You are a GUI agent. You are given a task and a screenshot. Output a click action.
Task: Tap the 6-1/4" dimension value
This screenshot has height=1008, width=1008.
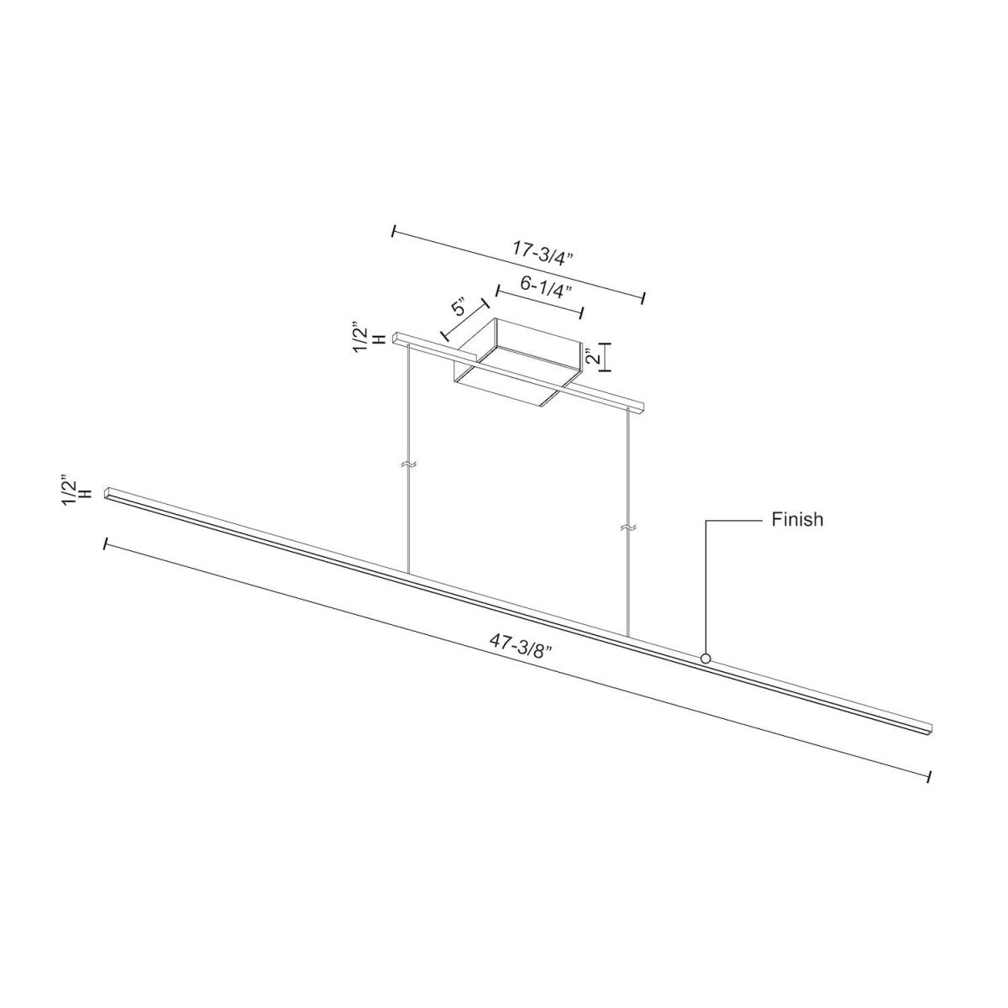coord(546,286)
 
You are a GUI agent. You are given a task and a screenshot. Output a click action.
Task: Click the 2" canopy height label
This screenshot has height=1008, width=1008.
coord(594,357)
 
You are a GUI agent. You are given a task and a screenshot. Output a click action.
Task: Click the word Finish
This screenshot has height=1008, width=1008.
coord(797,520)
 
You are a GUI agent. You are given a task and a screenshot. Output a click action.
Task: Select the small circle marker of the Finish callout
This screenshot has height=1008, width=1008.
coord(706,659)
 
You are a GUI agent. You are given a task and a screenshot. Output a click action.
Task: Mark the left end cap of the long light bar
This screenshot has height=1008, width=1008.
coord(108,492)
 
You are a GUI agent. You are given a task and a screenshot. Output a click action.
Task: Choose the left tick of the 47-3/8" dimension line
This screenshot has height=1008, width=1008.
coord(104,544)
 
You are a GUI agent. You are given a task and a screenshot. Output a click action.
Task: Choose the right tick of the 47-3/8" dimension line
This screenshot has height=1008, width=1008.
coord(927,777)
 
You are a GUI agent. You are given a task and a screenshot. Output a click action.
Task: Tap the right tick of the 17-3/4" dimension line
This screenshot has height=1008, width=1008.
coord(643,298)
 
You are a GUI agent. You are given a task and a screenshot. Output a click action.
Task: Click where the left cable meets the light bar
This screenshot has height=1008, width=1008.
coord(409,575)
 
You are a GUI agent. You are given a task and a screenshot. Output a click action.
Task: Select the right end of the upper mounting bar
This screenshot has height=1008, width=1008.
coord(641,409)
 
